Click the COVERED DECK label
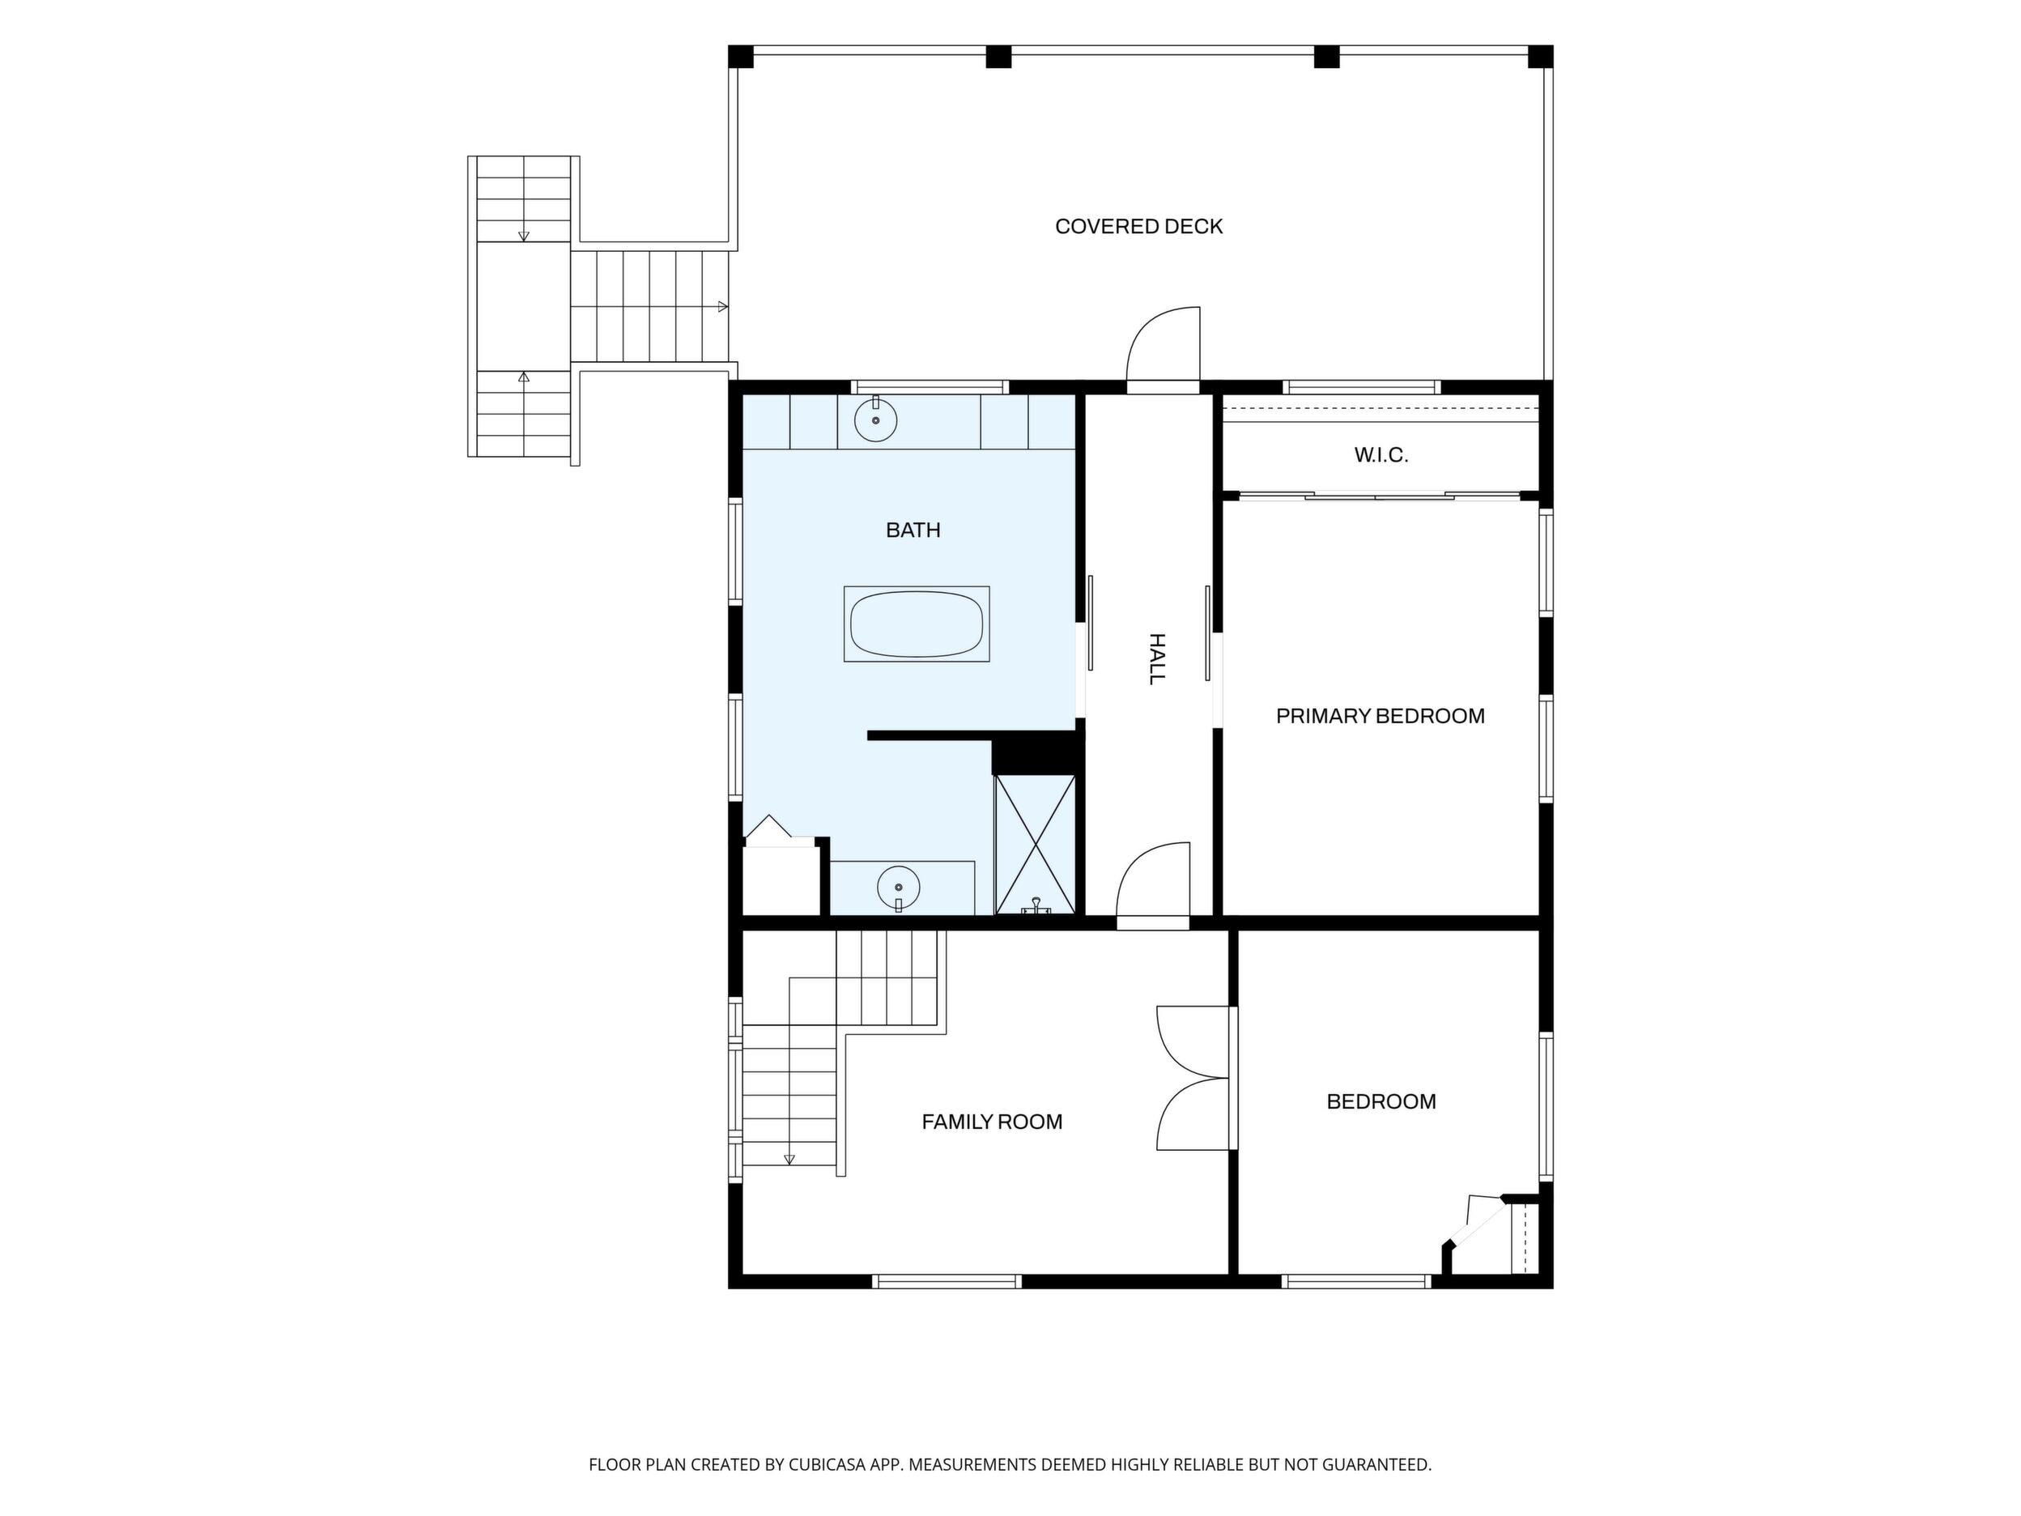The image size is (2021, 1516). (x=1138, y=227)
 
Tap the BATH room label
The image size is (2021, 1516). (x=913, y=530)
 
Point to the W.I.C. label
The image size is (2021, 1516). (x=1381, y=455)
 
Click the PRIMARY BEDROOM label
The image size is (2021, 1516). (x=1381, y=717)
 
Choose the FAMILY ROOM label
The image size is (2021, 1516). (x=992, y=1122)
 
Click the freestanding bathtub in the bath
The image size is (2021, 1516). (x=917, y=624)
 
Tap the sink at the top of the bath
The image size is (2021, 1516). (x=875, y=419)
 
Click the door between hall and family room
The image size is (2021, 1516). (x=1153, y=884)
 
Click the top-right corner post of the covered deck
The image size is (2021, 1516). (x=1540, y=57)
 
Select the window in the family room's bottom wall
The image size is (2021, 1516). (x=947, y=1281)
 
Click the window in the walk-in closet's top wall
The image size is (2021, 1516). (x=1361, y=387)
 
